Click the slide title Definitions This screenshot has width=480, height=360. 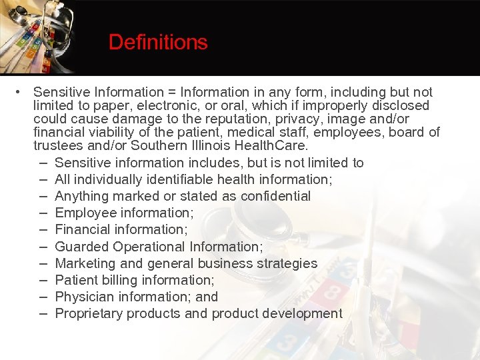(x=158, y=43)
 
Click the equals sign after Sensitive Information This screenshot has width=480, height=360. (x=173, y=92)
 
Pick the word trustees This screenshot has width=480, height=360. (x=59, y=145)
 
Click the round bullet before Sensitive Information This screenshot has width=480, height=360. (x=22, y=92)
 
